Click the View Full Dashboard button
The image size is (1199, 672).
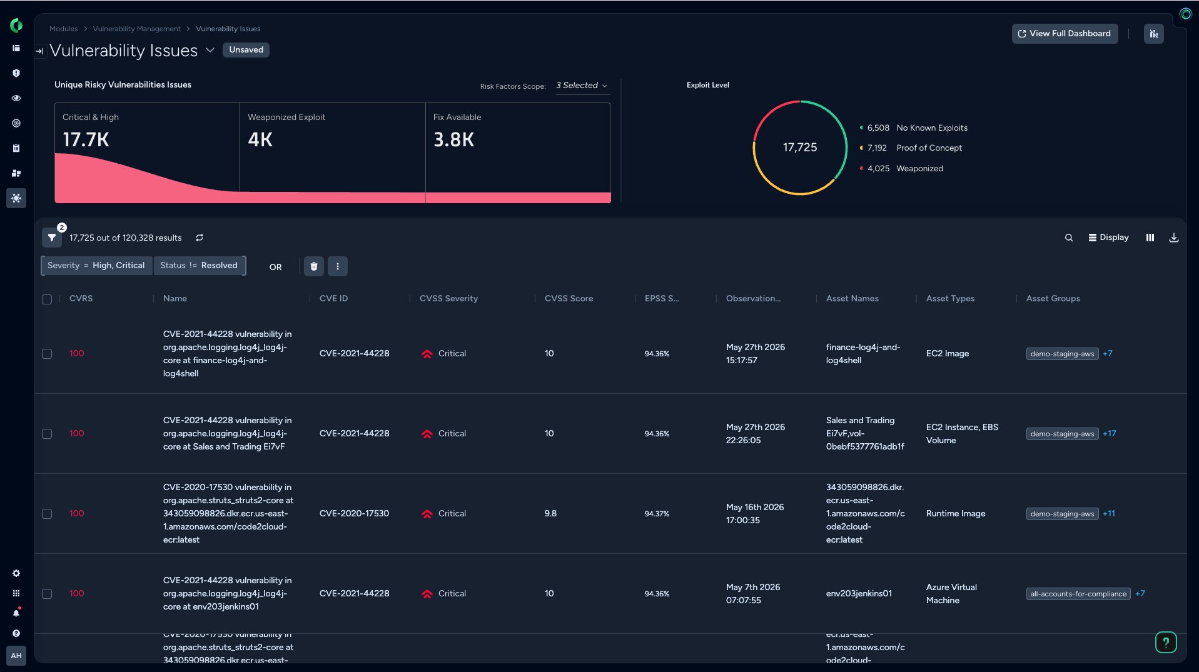(x=1065, y=34)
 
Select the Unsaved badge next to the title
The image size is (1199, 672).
(x=246, y=50)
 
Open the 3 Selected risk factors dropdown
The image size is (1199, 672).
(x=582, y=86)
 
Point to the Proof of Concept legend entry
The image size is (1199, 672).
(x=911, y=148)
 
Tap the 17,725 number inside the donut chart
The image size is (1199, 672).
(x=800, y=148)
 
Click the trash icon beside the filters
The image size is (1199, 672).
(x=314, y=266)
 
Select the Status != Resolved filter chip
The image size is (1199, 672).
(x=199, y=266)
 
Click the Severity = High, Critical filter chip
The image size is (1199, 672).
(x=96, y=266)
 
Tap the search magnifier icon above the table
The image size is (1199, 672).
(x=1069, y=238)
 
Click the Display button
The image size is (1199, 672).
(x=1108, y=238)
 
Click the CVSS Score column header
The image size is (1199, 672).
(x=569, y=299)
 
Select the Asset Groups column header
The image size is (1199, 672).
(x=1053, y=299)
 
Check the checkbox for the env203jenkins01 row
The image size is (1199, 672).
(x=47, y=594)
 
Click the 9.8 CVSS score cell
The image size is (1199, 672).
(x=550, y=514)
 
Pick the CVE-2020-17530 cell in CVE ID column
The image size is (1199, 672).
(x=354, y=514)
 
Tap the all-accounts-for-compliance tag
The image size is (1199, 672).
(x=1078, y=594)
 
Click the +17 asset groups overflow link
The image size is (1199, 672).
(x=1109, y=434)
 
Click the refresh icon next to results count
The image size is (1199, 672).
(x=200, y=238)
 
